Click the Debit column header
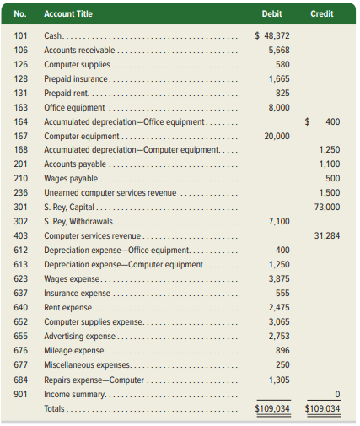(x=271, y=13)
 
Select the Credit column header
(x=322, y=13)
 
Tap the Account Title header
(x=68, y=13)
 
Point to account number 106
(x=21, y=50)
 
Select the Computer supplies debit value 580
(x=282, y=64)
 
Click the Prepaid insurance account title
(x=76, y=78)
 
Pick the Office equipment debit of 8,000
(x=279, y=107)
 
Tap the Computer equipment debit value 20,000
(x=277, y=136)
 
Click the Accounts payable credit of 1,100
(x=330, y=164)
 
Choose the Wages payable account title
(x=71, y=178)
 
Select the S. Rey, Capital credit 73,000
(x=327, y=207)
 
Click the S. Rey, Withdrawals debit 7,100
(x=279, y=221)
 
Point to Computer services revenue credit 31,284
(x=327, y=235)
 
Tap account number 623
(x=21, y=278)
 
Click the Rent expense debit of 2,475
(x=279, y=307)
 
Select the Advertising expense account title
(x=79, y=336)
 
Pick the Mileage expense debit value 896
(x=282, y=350)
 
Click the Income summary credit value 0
(x=337, y=394)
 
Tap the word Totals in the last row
(x=54, y=408)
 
